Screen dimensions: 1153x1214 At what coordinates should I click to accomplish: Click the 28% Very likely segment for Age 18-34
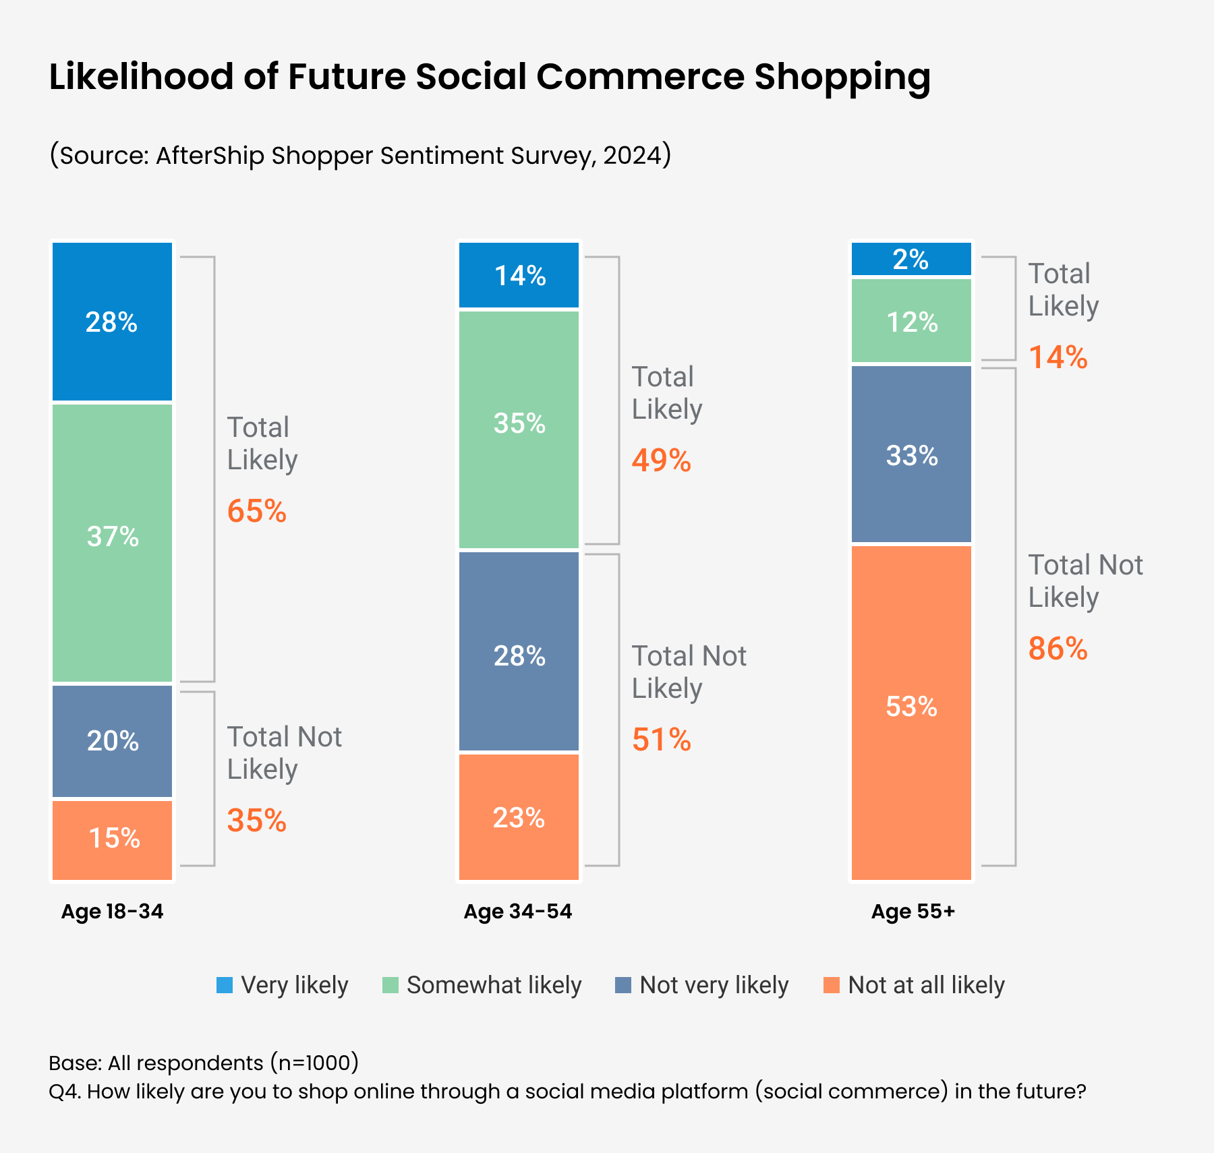112,322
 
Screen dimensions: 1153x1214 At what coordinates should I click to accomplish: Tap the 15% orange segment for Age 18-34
112,839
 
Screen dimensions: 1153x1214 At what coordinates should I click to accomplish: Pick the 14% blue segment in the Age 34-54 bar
519,275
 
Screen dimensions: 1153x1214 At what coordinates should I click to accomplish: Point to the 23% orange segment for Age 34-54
519,817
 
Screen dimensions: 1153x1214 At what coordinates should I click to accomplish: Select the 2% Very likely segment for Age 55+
911,259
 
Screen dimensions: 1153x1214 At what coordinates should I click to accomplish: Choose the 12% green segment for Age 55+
911,321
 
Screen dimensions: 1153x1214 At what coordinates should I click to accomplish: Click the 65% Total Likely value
257,511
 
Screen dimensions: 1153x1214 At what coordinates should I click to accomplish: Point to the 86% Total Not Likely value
1058,649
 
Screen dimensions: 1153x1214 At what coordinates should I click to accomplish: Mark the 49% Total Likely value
661,461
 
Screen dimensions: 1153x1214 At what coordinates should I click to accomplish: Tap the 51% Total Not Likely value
661,740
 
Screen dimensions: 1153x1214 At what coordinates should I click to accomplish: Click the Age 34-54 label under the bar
517,912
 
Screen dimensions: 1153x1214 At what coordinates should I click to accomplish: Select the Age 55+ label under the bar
913,912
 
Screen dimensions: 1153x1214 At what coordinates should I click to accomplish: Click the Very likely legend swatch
225,985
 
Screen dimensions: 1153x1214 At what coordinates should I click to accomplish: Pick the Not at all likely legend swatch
832,985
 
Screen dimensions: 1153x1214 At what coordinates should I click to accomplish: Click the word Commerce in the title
640,76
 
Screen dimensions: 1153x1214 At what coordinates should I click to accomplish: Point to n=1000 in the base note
315,1063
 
